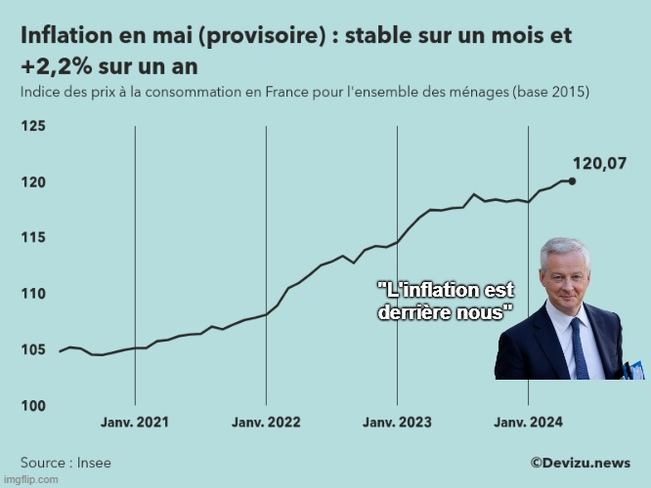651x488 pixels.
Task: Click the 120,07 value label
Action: point(599,163)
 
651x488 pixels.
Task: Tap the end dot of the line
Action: point(572,181)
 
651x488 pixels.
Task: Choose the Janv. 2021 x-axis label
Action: point(135,423)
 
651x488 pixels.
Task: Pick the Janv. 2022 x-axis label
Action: point(266,423)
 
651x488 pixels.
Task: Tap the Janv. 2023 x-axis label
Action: point(397,423)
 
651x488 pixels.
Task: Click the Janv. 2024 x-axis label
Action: point(528,423)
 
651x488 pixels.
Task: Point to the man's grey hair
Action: point(565,247)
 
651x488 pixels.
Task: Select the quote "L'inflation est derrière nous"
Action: point(445,302)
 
